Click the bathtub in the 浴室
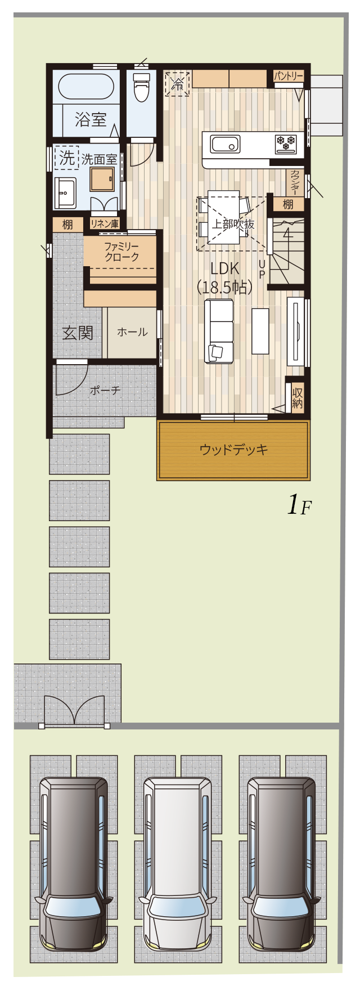click(x=86, y=87)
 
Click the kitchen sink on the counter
click(x=226, y=144)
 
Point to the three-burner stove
click(x=286, y=144)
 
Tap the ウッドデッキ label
click(x=233, y=450)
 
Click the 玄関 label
click(x=77, y=333)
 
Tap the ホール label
click(x=132, y=332)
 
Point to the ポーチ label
click(x=105, y=390)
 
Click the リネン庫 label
click(x=105, y=224)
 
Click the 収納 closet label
click(x=297, y=398)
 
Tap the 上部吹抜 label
click(x=233, y=224)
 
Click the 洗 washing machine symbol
click(x=67, y=158)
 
